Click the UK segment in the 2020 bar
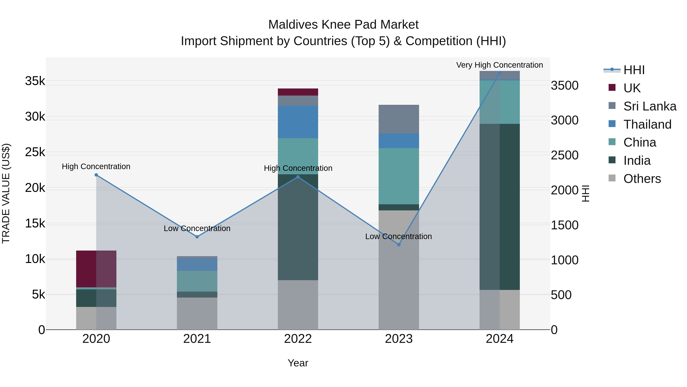(x=96, y=269)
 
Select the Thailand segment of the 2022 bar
(x=298, y=122)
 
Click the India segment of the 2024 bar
(x=500, y=207)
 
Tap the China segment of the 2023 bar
(x=399, y=176)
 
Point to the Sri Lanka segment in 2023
(x=399, y=119)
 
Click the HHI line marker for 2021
(x=197, y=237)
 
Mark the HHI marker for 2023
(x=399, y=245)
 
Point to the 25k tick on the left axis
(x=35, y=152)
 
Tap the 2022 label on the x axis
(x=298, y=339)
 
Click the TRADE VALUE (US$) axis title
(x=6, y=193)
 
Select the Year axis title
(x=298, y=363)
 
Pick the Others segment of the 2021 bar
(x=197, y=314)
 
